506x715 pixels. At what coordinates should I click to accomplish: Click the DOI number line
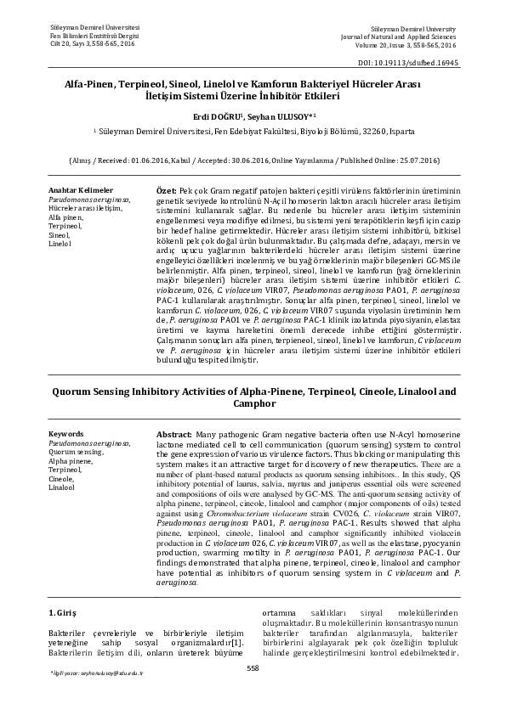(414, 64)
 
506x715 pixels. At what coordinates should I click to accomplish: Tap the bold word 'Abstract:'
(179, 434)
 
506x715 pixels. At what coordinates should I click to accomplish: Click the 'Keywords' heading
(67, 434)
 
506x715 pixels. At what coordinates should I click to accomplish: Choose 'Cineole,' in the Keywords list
(62, 479)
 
